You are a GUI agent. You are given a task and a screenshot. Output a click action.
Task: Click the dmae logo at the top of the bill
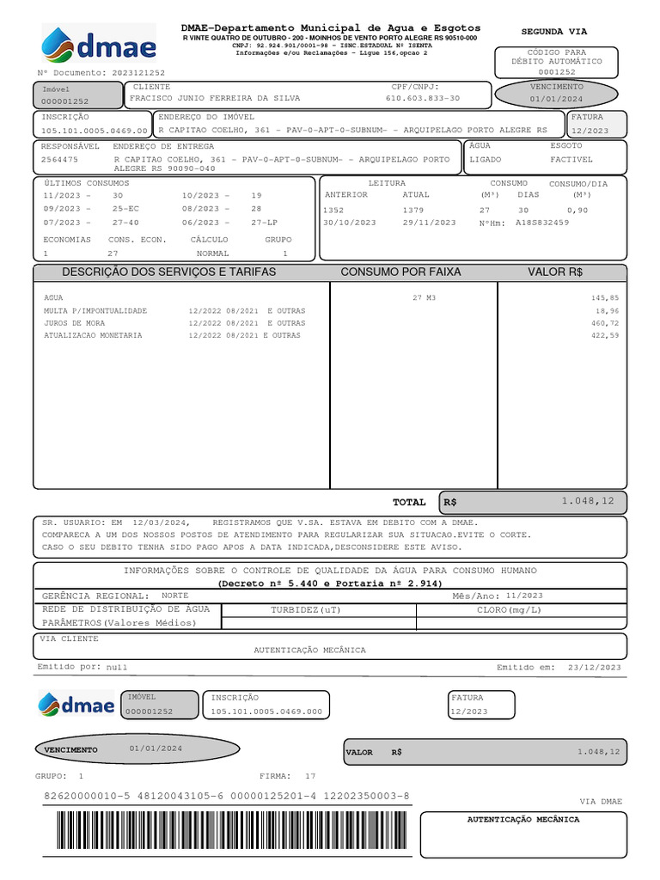(x=99, y=46)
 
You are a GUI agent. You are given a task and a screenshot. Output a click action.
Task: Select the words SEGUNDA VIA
(x=554, y=31)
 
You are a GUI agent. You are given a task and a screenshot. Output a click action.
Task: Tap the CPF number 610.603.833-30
(x=422, y=98)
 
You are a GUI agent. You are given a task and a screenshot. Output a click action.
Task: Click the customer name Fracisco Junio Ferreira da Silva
(x=215, y=98)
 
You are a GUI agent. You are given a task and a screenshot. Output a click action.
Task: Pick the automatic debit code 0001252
(x=557, y=72)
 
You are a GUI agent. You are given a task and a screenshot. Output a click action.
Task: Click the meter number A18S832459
(x=542, y=223)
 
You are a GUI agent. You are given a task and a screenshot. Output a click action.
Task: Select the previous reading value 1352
(x=333, y=210)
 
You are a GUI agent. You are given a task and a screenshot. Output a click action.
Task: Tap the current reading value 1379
(x=412, y=210)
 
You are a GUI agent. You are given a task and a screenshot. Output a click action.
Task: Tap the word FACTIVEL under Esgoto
(x=571, y=159)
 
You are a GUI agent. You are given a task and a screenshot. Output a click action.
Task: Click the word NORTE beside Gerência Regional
(x=175, y=595)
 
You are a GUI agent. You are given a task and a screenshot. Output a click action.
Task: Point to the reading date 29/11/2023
(x=429, y=223)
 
